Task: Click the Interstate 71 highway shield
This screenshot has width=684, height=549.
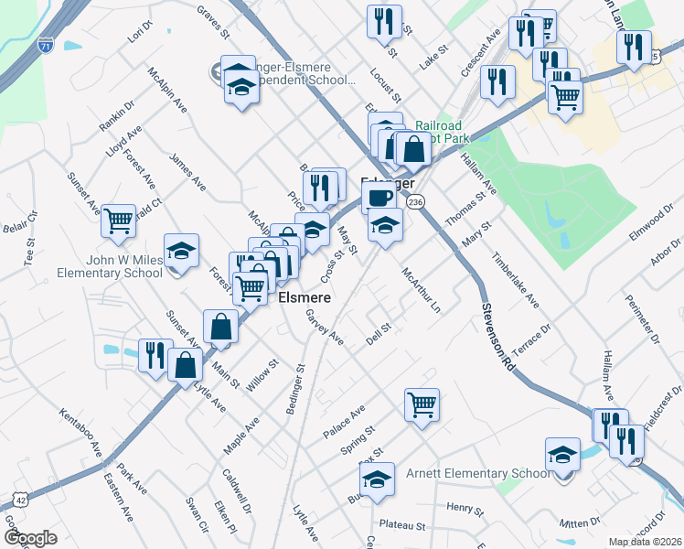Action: pos(46,44)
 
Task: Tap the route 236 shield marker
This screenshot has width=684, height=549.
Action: pos(416,201)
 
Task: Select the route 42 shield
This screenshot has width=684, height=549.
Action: pos(20,500)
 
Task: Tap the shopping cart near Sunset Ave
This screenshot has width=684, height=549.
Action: pos(119,221)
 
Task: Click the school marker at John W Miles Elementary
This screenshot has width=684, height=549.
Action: pos(181,250)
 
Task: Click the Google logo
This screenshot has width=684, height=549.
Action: pos(30,537)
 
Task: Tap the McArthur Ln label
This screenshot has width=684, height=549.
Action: pos(422,289)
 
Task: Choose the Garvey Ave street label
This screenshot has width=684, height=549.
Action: pos(325,327)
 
